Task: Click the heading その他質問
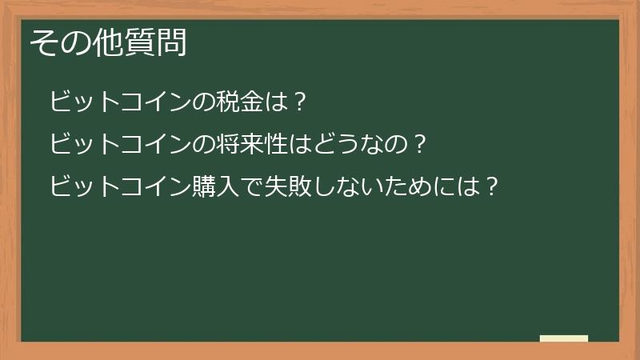tap(109, 42)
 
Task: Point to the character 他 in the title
tap(107, 42)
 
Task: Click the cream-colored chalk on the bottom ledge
tap(564, 338)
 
